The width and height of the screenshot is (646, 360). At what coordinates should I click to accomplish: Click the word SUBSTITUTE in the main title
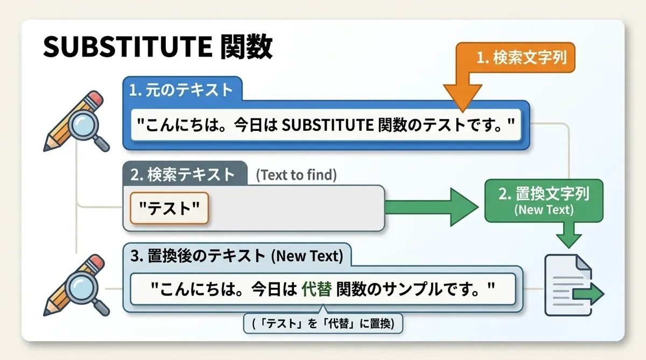128,46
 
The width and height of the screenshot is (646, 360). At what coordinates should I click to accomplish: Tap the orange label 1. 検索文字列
522,58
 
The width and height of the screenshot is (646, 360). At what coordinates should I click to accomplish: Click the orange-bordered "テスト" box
169,208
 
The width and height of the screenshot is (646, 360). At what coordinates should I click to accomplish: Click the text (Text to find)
296,175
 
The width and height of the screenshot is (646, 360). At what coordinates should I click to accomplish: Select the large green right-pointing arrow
432,207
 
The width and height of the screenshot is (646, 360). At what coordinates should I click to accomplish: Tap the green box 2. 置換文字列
544,201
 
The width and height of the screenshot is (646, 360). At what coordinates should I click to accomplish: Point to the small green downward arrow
568,236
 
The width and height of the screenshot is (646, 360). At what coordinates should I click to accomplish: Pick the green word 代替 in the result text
317,289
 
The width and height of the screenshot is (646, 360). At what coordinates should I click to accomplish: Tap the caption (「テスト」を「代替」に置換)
323,323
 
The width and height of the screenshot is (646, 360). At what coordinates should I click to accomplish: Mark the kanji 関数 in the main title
247,46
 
